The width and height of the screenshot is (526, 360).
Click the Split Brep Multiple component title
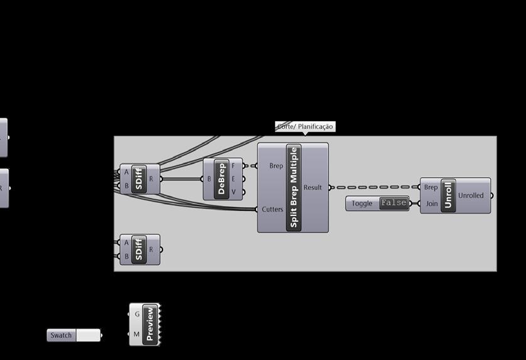pyautogui.click(x=294, y=187)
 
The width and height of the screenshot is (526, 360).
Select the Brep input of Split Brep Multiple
pyautogui.click(x=276, y=166)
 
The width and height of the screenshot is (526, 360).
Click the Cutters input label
pyautogui.click(x=272, y=209)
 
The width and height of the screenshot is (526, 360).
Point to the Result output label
pyautogui.click(x=313, y=187)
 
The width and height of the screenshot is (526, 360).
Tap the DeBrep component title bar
pyautogui.click(x=220, y=179)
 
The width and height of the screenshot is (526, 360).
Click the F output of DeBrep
pyautogui.click(x=233, y=166)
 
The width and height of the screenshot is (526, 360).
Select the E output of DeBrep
pyautogui.click(x=233, y=179)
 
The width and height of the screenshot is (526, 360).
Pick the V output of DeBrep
pyautogui.click(x=233, y=192)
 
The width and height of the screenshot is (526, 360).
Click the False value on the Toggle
pyautogui.click(x=394, y=203)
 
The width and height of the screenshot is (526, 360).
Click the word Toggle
pyautogui.click(x=362, y=204)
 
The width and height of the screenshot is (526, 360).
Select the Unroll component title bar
pyautogui.click(x=448, y=195)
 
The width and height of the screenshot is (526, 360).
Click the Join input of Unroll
pyautogui.click(x=432, y=204)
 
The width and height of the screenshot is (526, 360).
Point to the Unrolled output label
pyautogui.click(x=471, y=195)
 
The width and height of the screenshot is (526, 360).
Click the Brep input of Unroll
pyautogui.click(x=431, y=187)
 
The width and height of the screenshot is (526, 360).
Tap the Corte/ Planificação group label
pyautogui.click(x=305, y=127)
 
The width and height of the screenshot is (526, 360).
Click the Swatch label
pyautogui.click(x=62, y=335)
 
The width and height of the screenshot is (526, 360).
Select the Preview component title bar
pyautogui.click(x=149, y=324)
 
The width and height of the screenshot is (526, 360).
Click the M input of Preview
pyautogui.click(x=137, y=334)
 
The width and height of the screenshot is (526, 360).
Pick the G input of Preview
pyautogui.click(x=137, y=314)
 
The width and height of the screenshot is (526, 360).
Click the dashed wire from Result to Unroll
pyautogui.click(x=375, y=187)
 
